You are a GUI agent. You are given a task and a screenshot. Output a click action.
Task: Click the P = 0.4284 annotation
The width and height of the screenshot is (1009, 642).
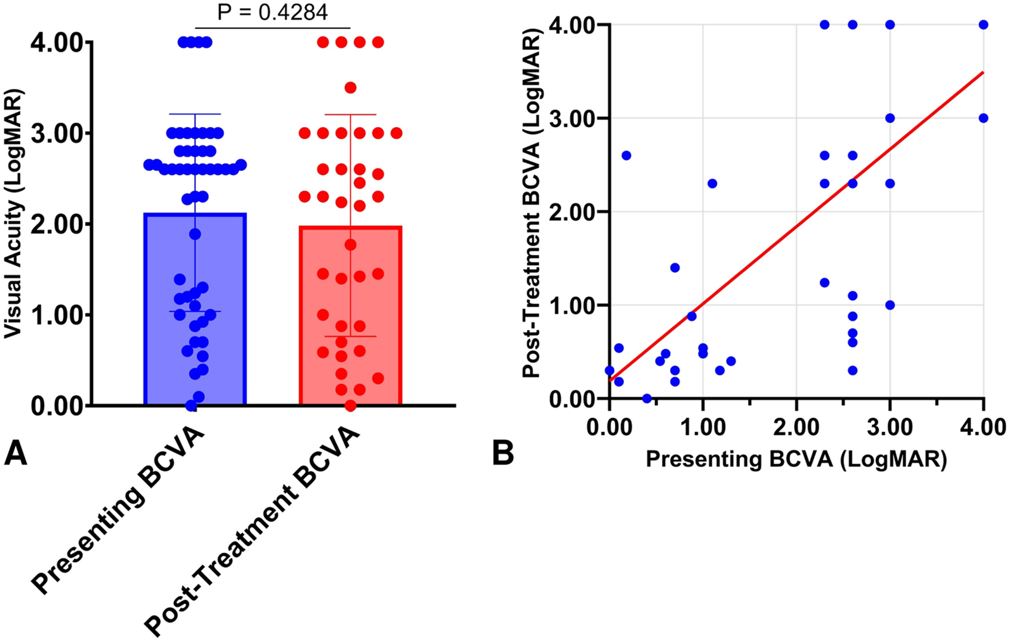[x=273, y=12]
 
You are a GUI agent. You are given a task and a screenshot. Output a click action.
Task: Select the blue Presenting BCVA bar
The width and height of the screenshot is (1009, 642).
[x=195, y=309]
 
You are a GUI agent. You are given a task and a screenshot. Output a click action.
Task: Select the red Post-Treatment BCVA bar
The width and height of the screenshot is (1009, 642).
[x=350, y=316]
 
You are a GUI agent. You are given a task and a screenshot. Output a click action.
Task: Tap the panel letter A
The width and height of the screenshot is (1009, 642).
[x=15, y=453]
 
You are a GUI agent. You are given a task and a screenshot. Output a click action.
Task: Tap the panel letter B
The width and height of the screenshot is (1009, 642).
[x=503, y=453]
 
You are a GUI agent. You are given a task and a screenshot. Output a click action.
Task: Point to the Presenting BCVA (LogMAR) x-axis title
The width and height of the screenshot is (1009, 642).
[x=796, y=459]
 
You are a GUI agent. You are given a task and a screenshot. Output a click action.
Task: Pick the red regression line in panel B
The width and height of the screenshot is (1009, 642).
[x=796, y=226]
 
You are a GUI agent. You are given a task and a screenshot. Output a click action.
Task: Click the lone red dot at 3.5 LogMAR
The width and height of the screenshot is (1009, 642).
[x=350, y=87]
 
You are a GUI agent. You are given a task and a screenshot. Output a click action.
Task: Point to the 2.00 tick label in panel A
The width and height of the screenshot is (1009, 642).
[x=57, y=224]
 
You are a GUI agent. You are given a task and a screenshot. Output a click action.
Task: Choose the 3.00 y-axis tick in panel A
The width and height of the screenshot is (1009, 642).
[x=57, y=133]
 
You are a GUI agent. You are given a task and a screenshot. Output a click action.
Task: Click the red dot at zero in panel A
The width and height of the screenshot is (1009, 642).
[x=350, y=406]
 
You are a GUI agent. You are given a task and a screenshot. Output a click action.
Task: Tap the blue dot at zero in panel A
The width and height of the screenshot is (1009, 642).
[x=191, y=406]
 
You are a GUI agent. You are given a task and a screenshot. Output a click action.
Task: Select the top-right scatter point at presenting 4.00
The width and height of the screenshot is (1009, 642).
[x=983, y=25]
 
